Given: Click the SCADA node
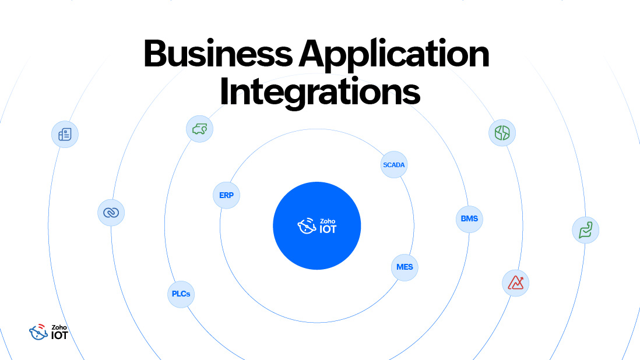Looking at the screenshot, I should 393,165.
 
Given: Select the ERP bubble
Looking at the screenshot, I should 226,195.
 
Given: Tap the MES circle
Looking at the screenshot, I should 405,267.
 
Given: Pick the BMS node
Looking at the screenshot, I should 469,219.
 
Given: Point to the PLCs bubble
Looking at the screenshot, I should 181,294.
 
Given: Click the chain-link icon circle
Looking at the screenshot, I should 111,213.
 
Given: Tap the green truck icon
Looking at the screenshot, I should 199,129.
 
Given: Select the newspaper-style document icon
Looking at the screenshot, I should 64,135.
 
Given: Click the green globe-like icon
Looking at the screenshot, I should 502,133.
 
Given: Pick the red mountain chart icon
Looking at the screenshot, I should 515,283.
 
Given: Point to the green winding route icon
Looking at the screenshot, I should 585,230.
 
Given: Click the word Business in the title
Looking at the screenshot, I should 217,54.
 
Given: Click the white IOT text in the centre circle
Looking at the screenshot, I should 328,229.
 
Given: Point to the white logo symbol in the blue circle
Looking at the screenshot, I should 307,226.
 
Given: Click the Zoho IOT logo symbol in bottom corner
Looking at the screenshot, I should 38,331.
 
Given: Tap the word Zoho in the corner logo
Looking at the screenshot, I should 58,327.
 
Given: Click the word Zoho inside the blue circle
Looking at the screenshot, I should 326,221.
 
